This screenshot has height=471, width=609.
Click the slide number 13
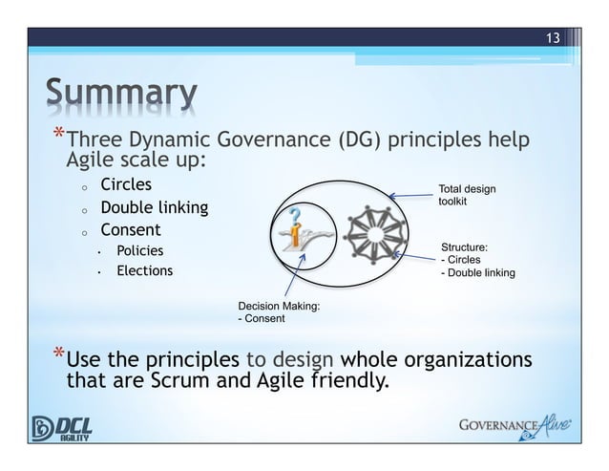pyautogui.click(x=552, y=38)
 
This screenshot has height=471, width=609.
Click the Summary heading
pyautogui.click(x=118, y=95)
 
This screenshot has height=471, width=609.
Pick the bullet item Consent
pyautogui.click(x=131, y=230)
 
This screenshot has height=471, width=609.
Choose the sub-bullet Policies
pyautogui.click(x=139, y=250)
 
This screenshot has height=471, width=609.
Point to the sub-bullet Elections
pyautogui.click(x=144, y=271)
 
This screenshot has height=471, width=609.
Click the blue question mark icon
pyautogui.click(x=301, y=217)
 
